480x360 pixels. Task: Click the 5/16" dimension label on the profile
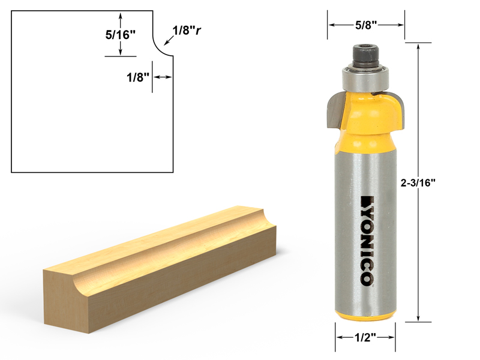[121, 35]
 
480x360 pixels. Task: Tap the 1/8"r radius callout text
[187, 31]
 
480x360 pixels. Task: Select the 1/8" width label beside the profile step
[138, 77]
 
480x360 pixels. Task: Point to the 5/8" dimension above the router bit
[366, 25]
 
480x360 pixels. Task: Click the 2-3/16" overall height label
[418, 183]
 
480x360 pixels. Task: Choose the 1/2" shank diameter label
[365, 337]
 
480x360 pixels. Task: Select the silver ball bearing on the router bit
[365, 79]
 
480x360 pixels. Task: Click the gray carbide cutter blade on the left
[335, 111]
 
